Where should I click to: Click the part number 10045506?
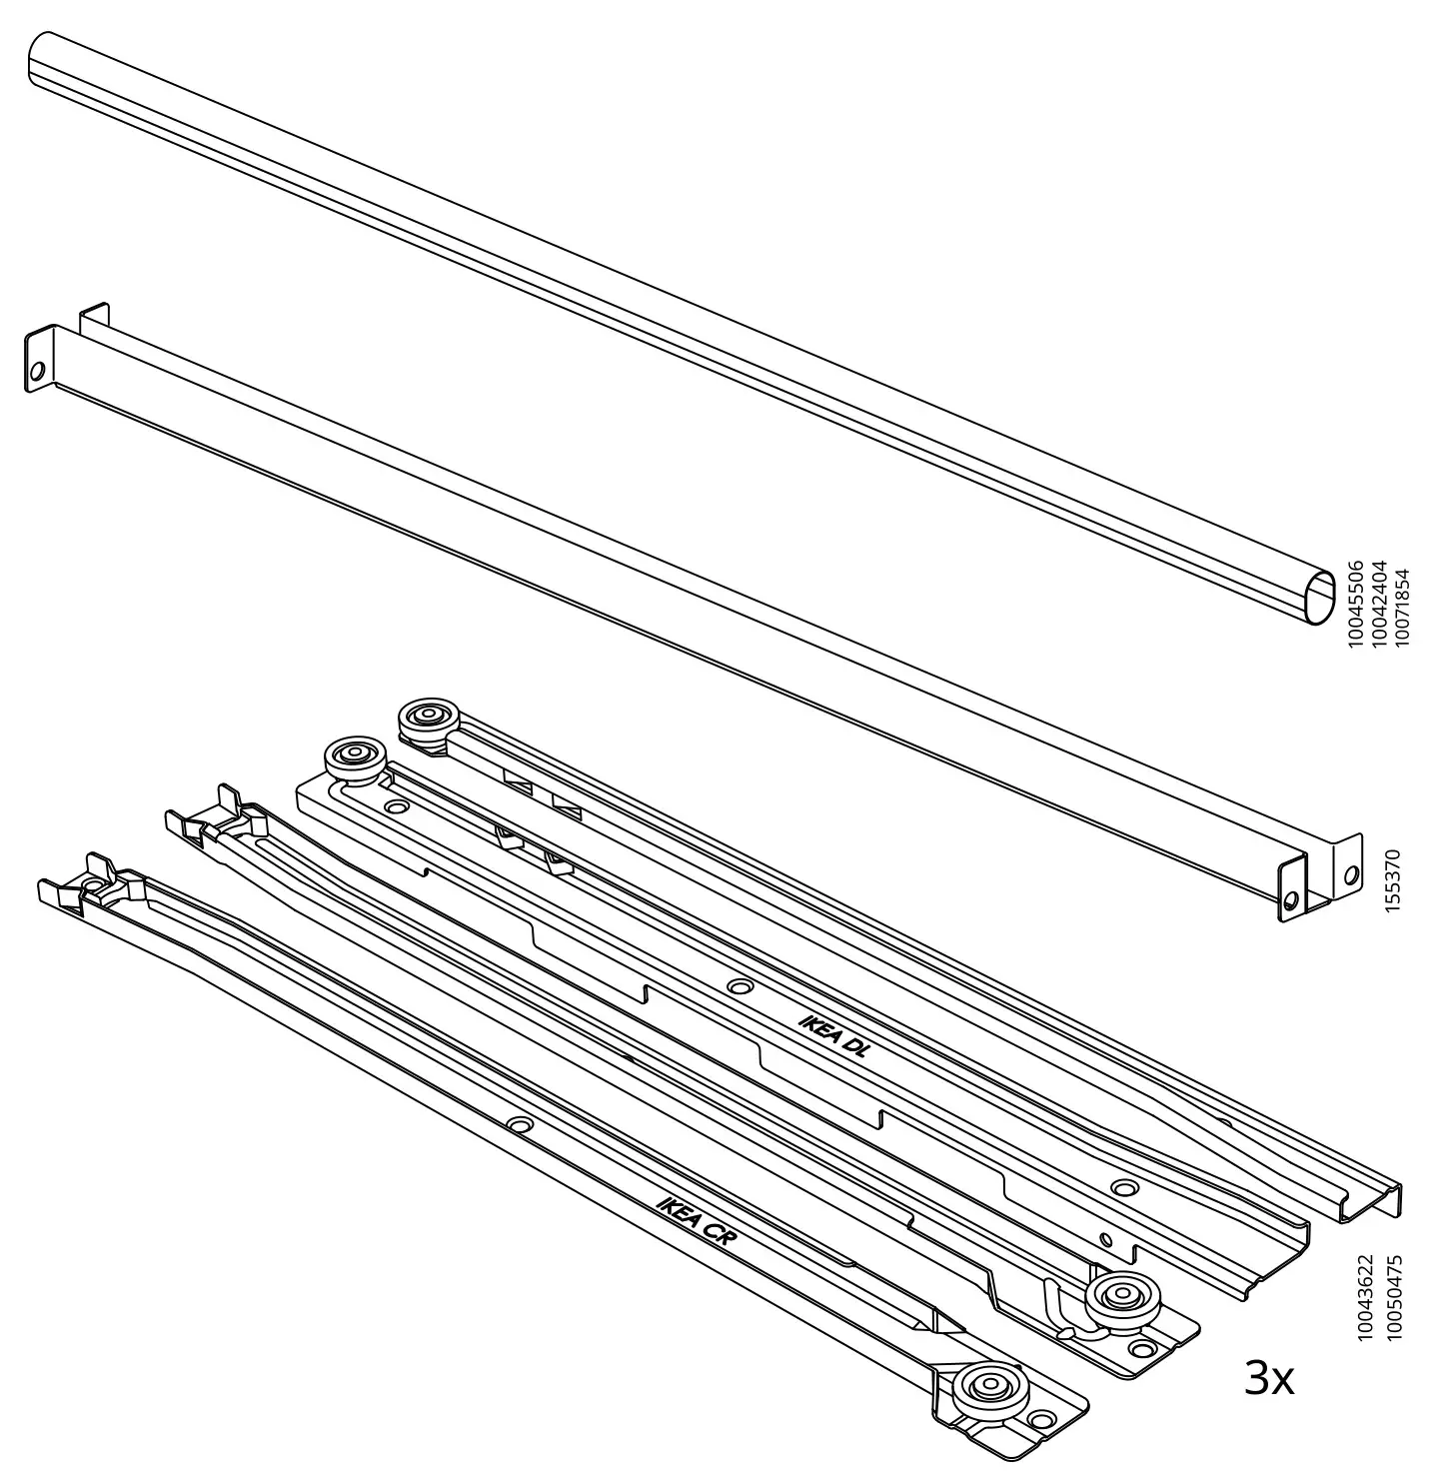click(1355, 606)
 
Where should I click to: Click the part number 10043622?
click(1367, 1299)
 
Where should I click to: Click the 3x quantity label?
click(1269, 1379)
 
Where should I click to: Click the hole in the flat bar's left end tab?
click(37, 372)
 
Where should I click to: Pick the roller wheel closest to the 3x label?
click(1120, 1300)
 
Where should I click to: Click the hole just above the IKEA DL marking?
click(739, 986)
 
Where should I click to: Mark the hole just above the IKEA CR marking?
click(518, 1124)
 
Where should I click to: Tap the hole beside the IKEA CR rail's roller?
click(1042, 1418)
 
